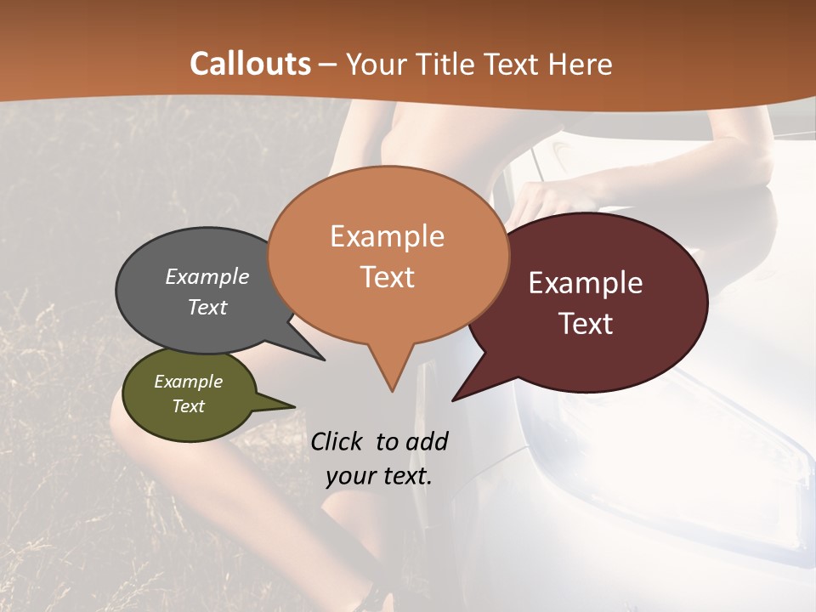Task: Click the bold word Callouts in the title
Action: [x=250, y=64]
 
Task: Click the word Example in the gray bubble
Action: [x=207, y=276]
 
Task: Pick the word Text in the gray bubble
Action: [x=207, y=307]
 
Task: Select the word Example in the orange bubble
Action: [x=387, y=236]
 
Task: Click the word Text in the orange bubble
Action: [x=388, y=277]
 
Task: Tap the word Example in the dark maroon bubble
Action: [x=586, y=283]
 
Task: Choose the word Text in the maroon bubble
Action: [x=586, y=324]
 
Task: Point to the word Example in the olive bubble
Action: [x=188, y=382]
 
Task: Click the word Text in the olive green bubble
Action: [x=188, y=406]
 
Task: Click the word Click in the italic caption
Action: [x=337, y=441]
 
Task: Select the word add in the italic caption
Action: [x=427, y=441]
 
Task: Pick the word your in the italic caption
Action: [x=350, y=476]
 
